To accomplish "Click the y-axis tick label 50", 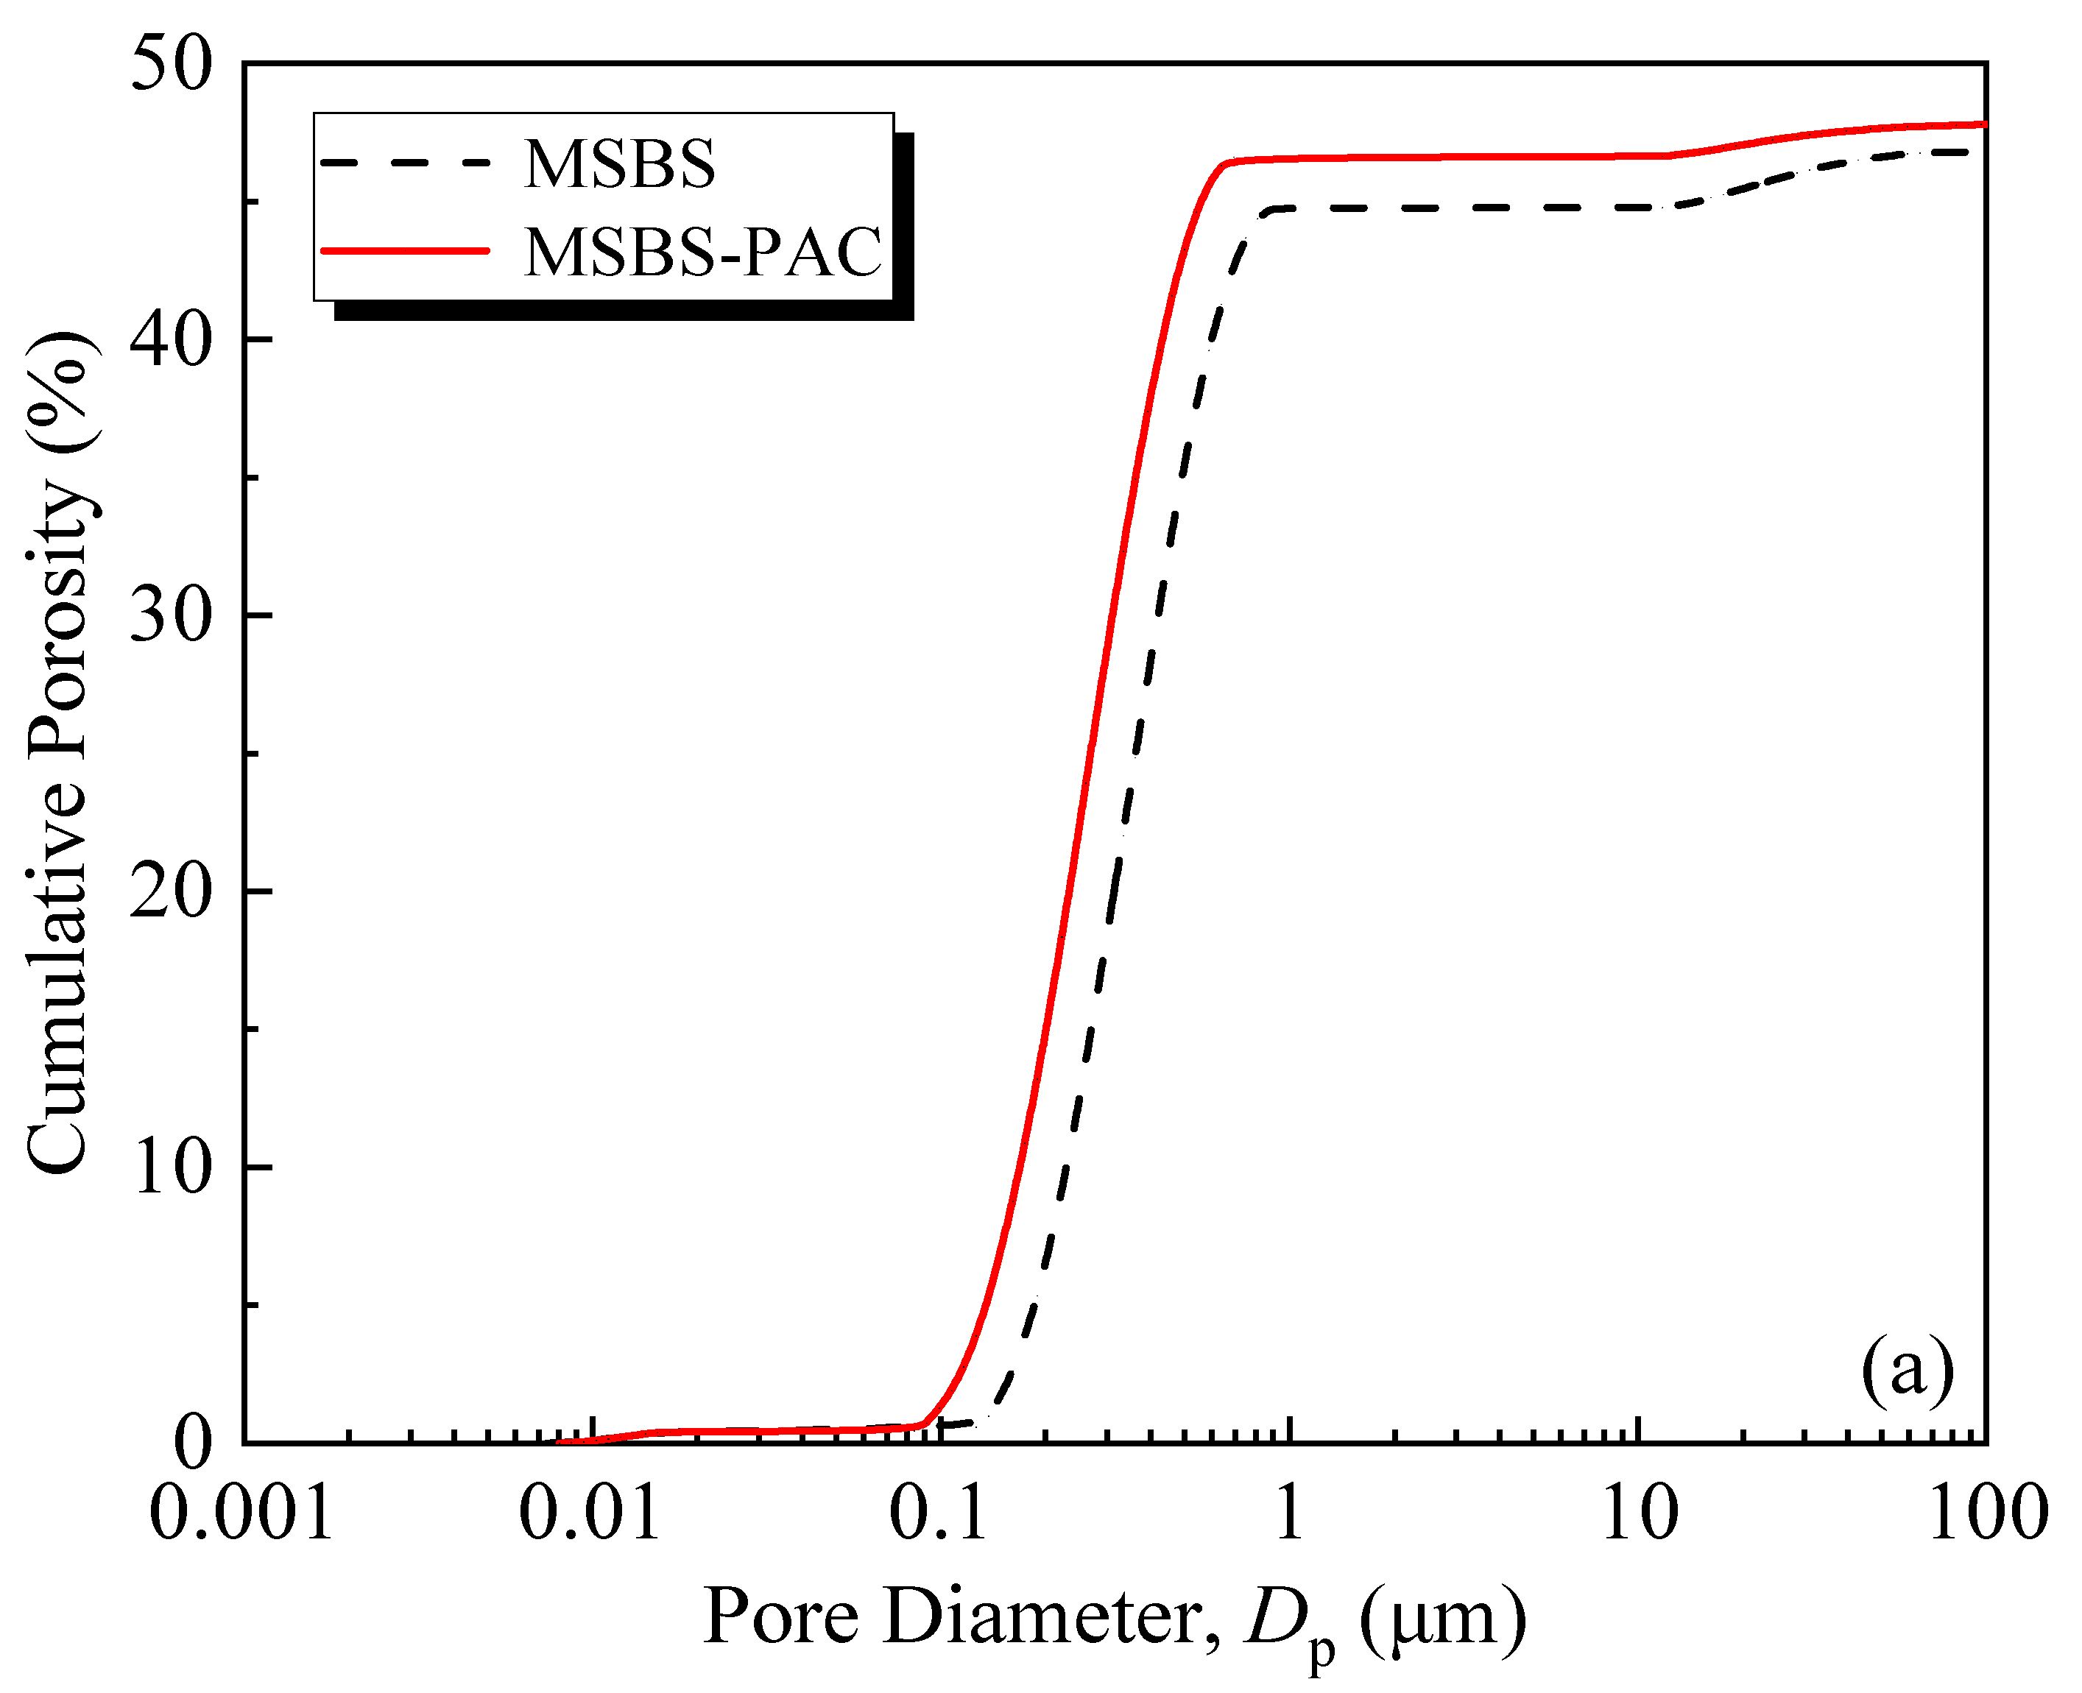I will (x=171, y=64).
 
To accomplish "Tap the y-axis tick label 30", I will (x=171, y=615).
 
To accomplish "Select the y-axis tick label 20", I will (x=171, y=891).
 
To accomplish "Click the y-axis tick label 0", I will (x=192, y=1443).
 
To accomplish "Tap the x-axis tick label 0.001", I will (x=241, y=1513).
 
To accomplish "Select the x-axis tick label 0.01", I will (x=589, y=1513).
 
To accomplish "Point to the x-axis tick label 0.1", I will (x=938, y=1513).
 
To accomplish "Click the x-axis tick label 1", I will (x=1289, y=1513).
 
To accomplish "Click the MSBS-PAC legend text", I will (x=703, y=252).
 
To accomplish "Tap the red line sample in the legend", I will (x=405, y=250).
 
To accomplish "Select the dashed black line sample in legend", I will (x=405, y=163).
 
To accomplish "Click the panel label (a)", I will (x=1908, y=1369).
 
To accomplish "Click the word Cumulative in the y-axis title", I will (x=58, y=975).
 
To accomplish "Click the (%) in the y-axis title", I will (x=58, y=390).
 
